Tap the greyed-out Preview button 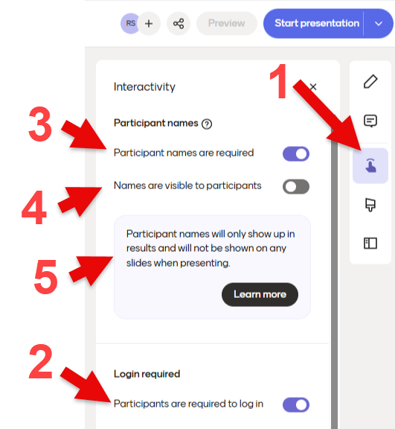(x=227, y=24)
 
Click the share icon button (x=179, y=24)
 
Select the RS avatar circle (x=129, y=24)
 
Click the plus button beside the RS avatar (x=149, y=24)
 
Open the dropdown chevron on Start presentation (x=379, y=24)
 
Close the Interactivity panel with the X (x=313, y=87)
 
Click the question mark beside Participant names (x=207, y=124)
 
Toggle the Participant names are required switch (x=296, y=153)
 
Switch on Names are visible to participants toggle (x=296, y=187)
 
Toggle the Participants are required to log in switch (x=296, y=404)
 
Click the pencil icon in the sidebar (x=370, y=81)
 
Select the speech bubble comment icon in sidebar (x=370, y=121)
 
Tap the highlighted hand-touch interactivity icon (x=370, y=165)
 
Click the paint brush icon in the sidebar (x=370, y=205)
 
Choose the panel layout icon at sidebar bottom (x=370, y=244)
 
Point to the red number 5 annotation (x=46, y=277)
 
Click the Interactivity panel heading (x=144, y=87)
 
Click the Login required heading (x=147, y=374)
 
